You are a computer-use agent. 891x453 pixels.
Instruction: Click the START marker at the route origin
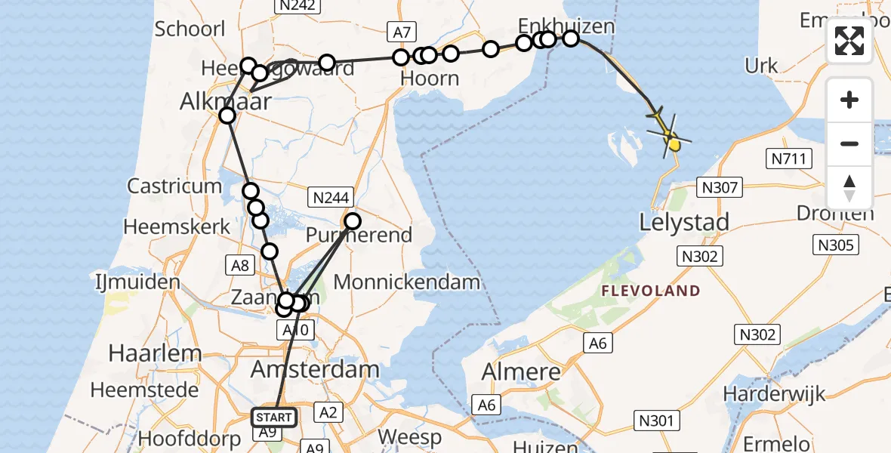275,417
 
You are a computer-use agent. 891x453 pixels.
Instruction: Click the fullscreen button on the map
849,41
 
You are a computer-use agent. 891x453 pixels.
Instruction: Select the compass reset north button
849,187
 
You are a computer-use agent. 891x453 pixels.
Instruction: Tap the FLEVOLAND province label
651,291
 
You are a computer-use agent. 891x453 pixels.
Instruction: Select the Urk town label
761,66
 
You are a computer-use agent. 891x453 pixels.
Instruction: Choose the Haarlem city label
156,353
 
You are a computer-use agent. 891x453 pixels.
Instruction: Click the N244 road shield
328,198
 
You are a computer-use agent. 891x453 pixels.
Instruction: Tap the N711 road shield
790,159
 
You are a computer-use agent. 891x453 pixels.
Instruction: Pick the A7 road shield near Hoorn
401,32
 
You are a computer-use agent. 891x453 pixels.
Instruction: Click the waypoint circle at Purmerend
353,221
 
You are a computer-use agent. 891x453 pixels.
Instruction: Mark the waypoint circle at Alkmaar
227,116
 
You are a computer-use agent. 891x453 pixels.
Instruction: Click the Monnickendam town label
406,282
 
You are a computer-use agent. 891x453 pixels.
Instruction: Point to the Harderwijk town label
766,393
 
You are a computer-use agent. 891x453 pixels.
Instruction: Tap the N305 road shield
835,245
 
